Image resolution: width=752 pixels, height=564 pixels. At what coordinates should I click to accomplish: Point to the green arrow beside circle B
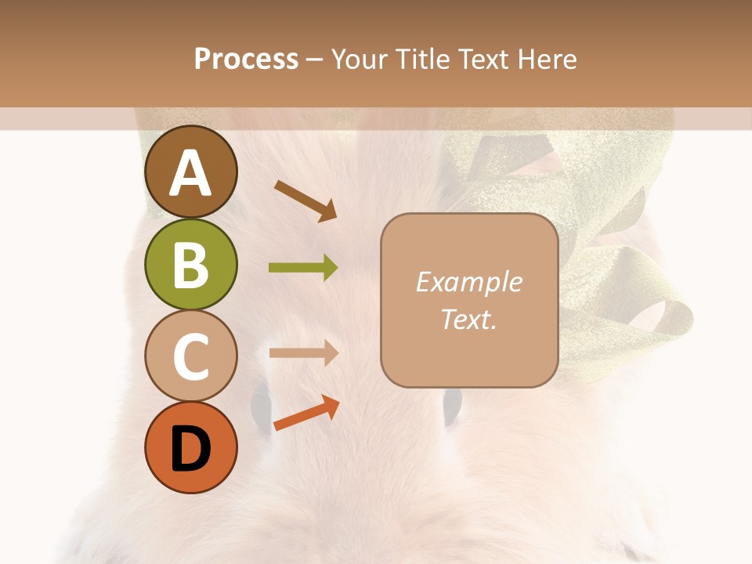303,268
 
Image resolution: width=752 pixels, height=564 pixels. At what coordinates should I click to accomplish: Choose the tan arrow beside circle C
303,352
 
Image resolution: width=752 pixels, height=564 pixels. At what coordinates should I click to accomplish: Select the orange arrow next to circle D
306,413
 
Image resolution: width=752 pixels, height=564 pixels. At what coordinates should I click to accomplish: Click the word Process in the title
246,60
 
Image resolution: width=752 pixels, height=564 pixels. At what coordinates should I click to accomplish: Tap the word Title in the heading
423,60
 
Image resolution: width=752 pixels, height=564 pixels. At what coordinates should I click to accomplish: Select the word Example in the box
468,282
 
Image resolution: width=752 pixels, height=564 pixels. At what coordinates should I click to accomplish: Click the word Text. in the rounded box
468,319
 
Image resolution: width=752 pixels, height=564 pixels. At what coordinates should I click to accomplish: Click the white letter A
190,174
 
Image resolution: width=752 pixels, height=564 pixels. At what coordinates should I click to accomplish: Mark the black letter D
190,449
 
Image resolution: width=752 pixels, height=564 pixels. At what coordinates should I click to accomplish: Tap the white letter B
190,265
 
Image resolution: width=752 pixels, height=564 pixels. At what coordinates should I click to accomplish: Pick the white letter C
190,356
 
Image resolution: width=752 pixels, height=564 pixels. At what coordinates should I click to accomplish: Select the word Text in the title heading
482,60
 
